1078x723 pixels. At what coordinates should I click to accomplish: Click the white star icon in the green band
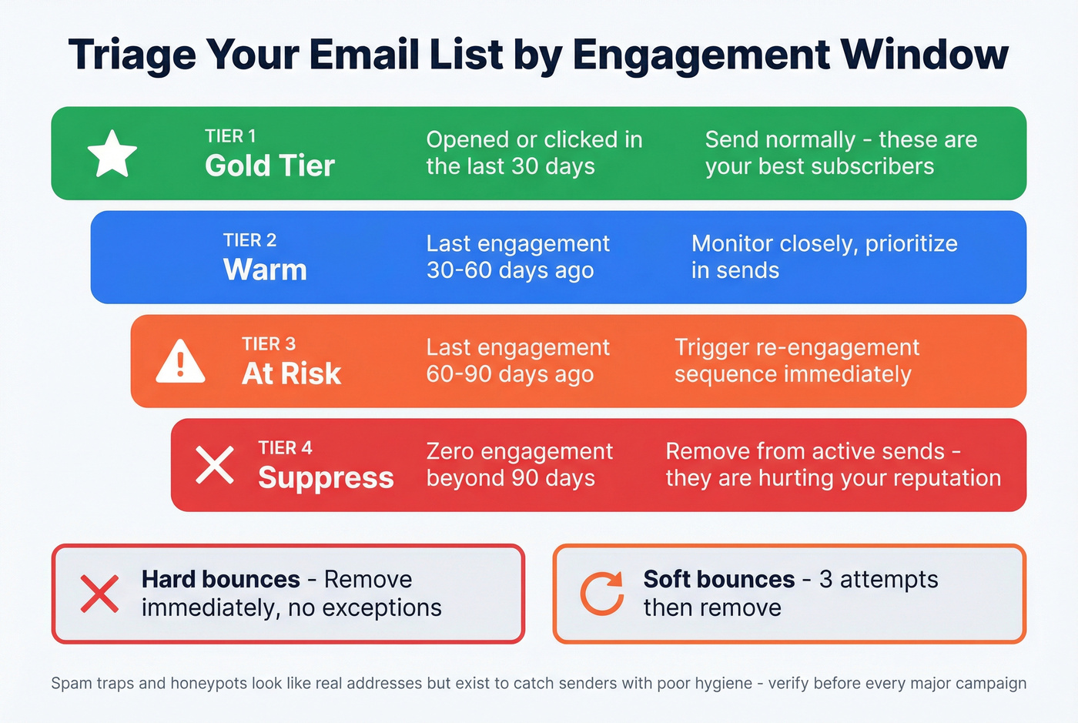point(112,153)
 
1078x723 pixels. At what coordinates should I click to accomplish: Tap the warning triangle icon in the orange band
point(180,362)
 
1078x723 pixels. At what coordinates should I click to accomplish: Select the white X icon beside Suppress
point(215,465)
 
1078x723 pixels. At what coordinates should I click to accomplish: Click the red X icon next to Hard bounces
point(100,594)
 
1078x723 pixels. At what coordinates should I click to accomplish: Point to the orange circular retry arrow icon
point(601,594)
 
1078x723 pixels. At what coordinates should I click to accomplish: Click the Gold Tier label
point(269,166)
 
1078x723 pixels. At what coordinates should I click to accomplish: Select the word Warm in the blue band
point(265,270)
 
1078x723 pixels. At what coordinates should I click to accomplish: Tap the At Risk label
point(291,373)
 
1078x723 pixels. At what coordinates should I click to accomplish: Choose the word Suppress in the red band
point(326,478)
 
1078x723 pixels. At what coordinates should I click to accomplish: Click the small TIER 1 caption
point(230,136)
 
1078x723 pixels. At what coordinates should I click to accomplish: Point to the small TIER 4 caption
point(285,448)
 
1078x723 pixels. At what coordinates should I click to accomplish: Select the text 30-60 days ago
point(510,270)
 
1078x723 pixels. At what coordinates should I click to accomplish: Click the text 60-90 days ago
point(510,374)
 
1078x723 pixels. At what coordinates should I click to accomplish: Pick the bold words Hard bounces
point(220,579)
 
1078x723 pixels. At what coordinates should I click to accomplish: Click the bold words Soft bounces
point(719,579)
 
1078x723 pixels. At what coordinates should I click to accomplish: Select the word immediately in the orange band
point(847,374)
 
